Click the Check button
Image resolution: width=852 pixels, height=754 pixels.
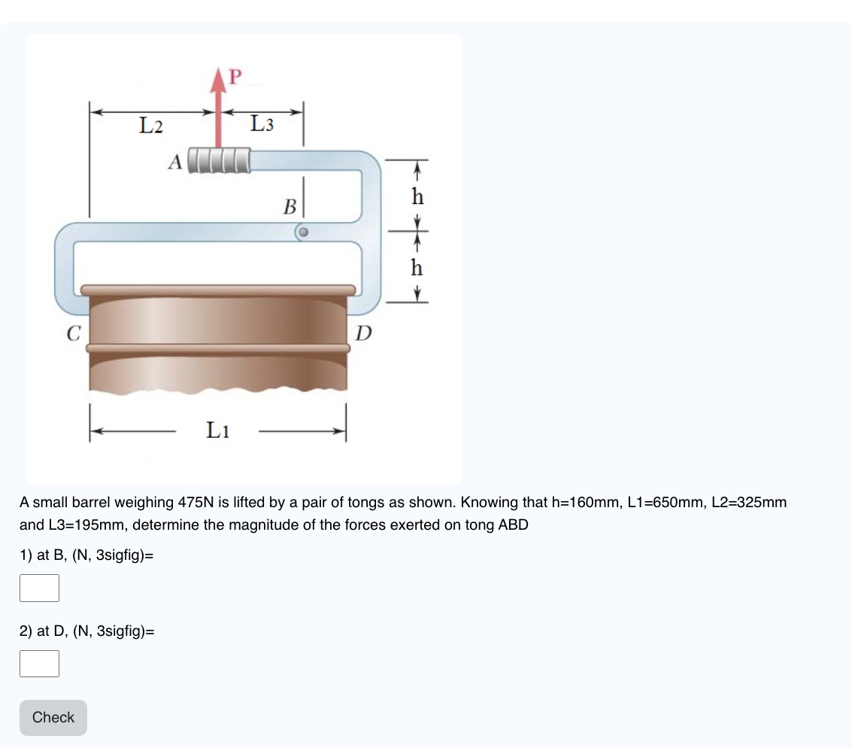[53, 717]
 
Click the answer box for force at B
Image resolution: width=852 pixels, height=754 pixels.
[40, 588]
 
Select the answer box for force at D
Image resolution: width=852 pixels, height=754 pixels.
[40, 663]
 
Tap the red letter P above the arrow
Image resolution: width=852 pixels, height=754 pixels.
[235, 77]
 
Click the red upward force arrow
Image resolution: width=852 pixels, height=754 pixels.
[219, 113]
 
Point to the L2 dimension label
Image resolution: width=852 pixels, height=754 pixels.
[151, 126]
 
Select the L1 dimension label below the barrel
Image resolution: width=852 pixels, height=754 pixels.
[218, 430]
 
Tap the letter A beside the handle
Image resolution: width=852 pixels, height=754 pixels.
[175, 162]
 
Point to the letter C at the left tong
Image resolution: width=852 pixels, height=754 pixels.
[73, 333]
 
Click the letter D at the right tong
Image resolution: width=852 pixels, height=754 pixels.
[363, 333]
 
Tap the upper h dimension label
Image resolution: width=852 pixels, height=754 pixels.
[417, 197]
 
